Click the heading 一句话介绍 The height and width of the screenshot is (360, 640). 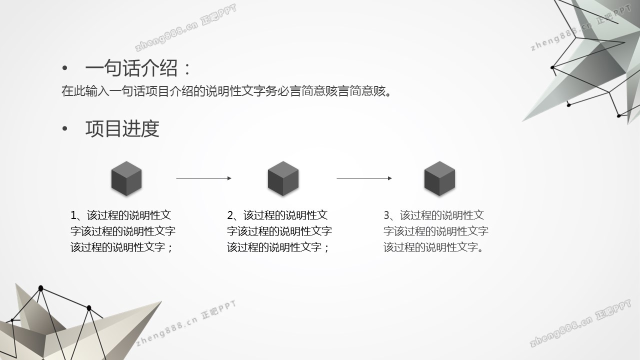tap(131, 68)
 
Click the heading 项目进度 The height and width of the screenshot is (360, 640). tap(122, 128)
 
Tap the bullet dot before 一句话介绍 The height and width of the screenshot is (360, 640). tap(65, 68)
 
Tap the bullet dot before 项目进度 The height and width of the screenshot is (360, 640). tap(65, 129)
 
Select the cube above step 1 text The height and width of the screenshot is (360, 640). tap(126, 178)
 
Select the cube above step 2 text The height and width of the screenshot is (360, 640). tap(283, 178)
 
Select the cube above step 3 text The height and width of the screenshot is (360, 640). tap(439, 178)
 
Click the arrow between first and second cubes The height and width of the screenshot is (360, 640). tap(203, 178)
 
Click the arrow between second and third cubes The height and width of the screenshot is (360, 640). tap(364, 178)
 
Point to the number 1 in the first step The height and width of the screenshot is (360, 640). tap(73, 215)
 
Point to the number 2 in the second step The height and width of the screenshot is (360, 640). tap(230, 215)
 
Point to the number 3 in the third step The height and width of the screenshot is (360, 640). tap(387, 215)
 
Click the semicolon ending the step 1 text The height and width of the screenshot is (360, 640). tap(169, 248)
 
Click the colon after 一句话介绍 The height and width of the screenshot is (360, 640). tap(187, 69)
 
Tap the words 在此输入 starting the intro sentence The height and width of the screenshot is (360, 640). tap(85, 91)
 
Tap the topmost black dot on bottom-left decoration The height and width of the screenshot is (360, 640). tap(40, 288)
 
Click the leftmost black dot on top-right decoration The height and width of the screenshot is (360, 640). tap(552, 67)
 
